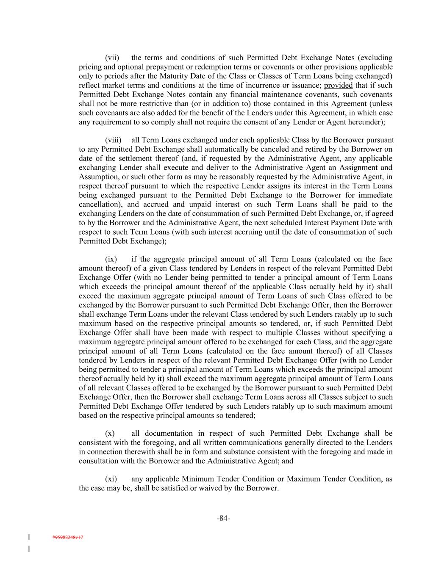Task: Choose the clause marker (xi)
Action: pyautogui.click(x=111, y=479)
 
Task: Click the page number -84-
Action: pyautogui.click(x=223, y=519)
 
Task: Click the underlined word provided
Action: pyautogui.click(x=338, y=86)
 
